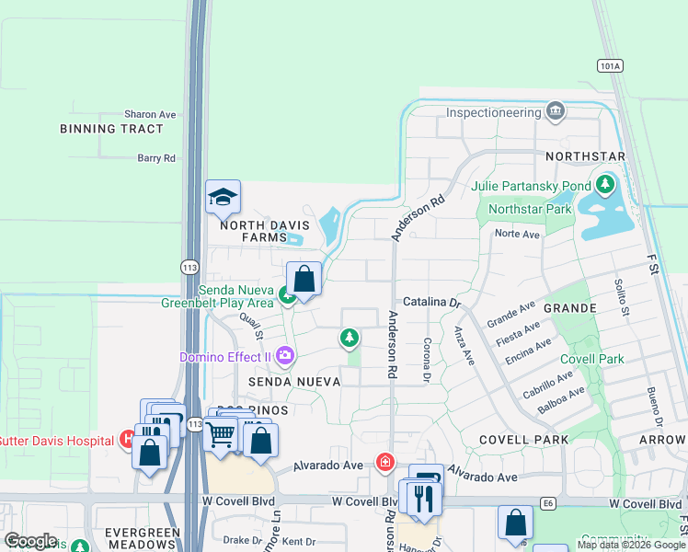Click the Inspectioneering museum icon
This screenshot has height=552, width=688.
coord(556,112)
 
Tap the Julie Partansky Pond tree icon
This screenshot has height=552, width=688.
coord(604,186)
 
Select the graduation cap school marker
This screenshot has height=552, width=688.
coord(223,197)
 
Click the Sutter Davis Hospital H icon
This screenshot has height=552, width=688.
coord(128,440)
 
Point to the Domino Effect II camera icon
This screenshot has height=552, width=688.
coord(285,355)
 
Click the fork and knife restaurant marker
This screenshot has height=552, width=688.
coord(423,497)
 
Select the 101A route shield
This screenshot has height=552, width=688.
coord(609,66)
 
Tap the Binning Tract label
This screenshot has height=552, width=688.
coord(111,129)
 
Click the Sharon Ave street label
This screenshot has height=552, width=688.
coord(150,114)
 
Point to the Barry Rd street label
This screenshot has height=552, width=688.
coord(155,158)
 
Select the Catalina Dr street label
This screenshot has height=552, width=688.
coord(430,302)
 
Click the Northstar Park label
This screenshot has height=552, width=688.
coord(530,209)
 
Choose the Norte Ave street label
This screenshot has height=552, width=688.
coord(517,234)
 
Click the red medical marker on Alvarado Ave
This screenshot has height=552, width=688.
coord(385,462)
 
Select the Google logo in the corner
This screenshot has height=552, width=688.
coord(30,541)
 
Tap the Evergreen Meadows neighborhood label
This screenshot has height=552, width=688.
coord(140,538)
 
